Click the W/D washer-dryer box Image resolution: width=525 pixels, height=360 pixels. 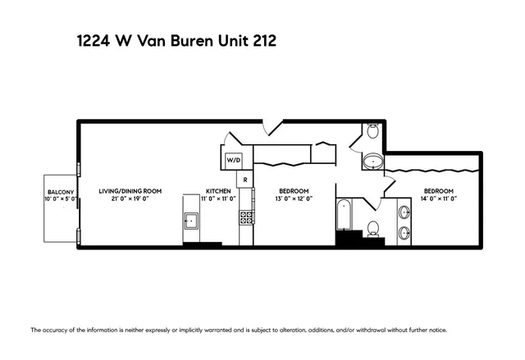pos(234,159)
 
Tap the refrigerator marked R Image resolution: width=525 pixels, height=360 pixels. pos(244,180)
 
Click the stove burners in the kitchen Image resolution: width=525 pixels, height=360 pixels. pos(245,216)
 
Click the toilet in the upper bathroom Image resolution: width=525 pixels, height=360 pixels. pos(372,131)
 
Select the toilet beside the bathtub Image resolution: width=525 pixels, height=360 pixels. pos(374,228)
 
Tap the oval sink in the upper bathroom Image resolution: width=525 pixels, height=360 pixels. pos(373,162)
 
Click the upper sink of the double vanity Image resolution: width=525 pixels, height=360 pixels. pos(403,212)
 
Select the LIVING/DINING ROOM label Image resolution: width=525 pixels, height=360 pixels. pos(130,191)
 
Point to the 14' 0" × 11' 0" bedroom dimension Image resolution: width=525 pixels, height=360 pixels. pos(440,198)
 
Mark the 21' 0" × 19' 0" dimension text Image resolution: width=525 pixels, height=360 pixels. pos(130,198)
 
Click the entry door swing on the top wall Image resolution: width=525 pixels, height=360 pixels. pos(271,130)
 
